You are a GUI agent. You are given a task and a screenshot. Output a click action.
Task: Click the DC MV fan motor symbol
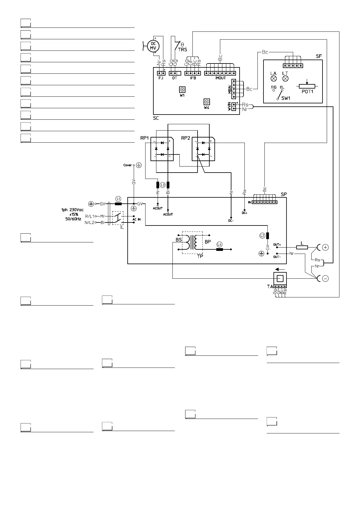pyautogui.click(x=153, y=46)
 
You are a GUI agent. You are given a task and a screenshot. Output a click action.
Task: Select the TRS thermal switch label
pyautogui.click(x=182, y=50)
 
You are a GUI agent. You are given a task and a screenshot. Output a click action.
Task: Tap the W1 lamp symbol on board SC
pyautogui.click(x=182, y=89)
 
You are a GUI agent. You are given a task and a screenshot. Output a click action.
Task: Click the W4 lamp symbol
pyautogui.click(x=207, y=102)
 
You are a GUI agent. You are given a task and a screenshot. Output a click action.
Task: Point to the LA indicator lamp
pyautogui.click(x=273, y=79)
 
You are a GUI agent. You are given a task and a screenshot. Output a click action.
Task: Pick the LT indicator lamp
pyautogui.click(x=285, y=79)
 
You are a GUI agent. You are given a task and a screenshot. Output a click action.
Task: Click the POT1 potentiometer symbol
pyautogui.click(x=307, y=86)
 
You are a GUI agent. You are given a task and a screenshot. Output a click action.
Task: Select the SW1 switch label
pyautogui.click(x=286, y=98)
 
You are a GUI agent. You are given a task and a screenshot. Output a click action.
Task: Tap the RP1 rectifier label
pyautogui.click(x=145, y=138)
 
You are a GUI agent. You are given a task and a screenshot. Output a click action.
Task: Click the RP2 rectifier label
pyautogui.click(x=186, y=138)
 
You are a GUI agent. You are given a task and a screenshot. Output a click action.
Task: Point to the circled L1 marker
pyautogui.click(x=118, y=199)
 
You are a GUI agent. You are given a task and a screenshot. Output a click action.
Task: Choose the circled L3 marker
pyautogui.click(x=163, y=185)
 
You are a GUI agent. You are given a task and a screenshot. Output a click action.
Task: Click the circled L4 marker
pyautogui.click(x=220, y=244)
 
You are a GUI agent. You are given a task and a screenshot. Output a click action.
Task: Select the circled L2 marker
pyautogui.click(x=262, y=235)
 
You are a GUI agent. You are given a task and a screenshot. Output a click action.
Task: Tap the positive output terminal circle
pyautogui.click(x=325, y=248)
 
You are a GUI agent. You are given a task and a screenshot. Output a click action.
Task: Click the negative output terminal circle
pyautogui.click(x=325, y=279)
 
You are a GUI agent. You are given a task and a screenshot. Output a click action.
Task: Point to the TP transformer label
pyautogui.click(x=200, y=256)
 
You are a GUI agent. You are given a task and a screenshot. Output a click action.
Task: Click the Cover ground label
pyautogui.click(x=128, y=165)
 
